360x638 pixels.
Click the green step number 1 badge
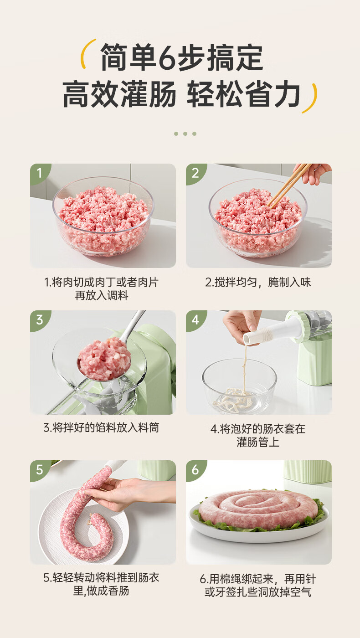[x=39, y=173]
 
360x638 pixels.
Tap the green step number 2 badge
[x=195, y=173]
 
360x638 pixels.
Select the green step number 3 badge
[x=39, y=319]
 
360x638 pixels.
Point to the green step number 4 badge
[x=195, y=319]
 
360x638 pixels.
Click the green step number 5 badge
[x=39, y=469]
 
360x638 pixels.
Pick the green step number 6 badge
[x=195, y=469]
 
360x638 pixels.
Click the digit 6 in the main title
[x=168, y=58]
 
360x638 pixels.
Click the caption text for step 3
[x=101, y=427]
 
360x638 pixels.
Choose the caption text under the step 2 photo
[x=258, y=282]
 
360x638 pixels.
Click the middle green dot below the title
[x=185, y=134]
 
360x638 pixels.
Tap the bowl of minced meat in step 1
[x=103, y=216]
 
